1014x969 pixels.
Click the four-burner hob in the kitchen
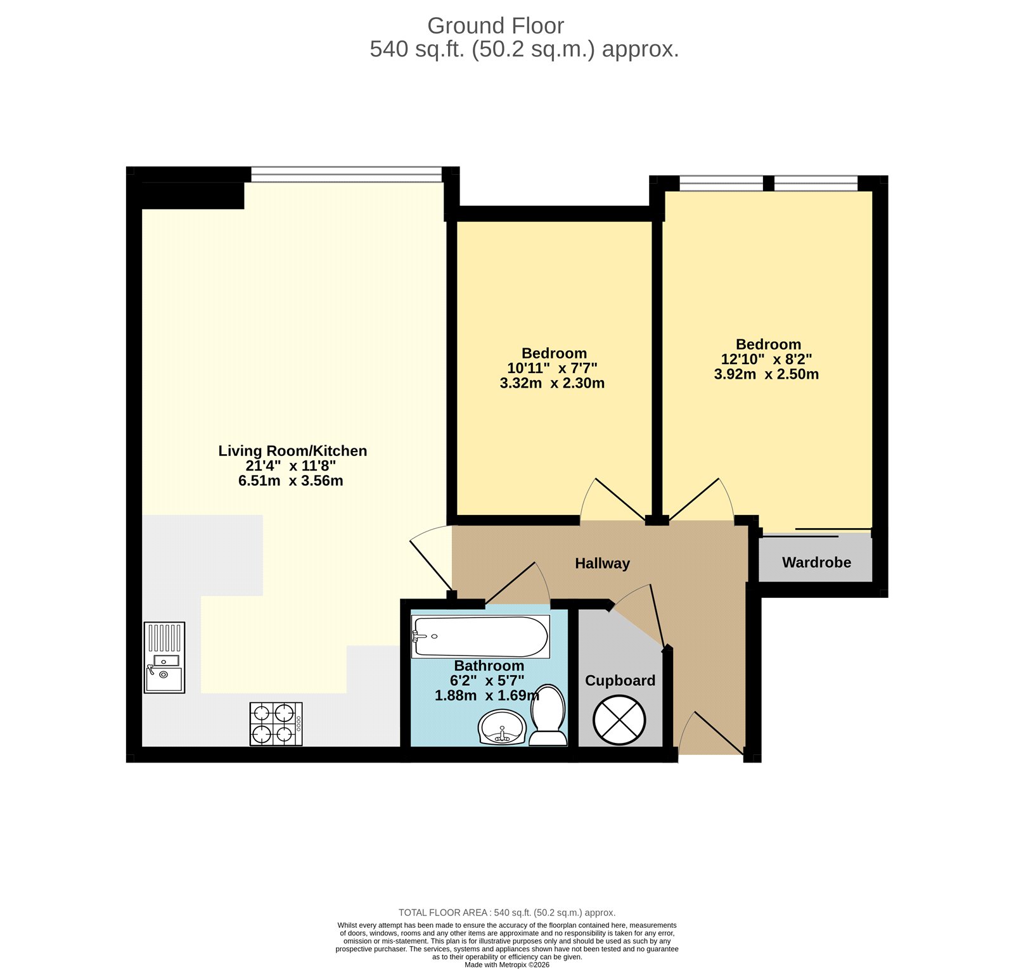[x=276, y=723]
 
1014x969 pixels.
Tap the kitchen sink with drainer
[x=164, y=657]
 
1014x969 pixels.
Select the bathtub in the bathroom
[x=480, y=636]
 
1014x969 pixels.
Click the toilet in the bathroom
[x=548, y=716]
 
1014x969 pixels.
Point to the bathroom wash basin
[x=502, y=727]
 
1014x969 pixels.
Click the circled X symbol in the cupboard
[x=619, y=720]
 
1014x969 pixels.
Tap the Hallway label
[x=602, y=563]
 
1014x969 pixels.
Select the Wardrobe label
[x=816, y=562]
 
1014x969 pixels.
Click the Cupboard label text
[x=620, y=680]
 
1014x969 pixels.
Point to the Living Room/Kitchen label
[x=292, y=450]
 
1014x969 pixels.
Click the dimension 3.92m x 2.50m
[x=766, y=374]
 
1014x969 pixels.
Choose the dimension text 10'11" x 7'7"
[x=552, y=368]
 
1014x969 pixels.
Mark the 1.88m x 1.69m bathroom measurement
[x=487, y=695]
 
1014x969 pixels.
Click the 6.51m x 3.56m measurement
[x=291, y=481]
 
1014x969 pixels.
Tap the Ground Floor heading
[x=495, y=25]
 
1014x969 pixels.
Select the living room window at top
[x=346, y=174]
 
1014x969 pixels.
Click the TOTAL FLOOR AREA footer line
[x=507, y=913]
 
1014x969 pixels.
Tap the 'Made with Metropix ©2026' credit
[x=507, y=965]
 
